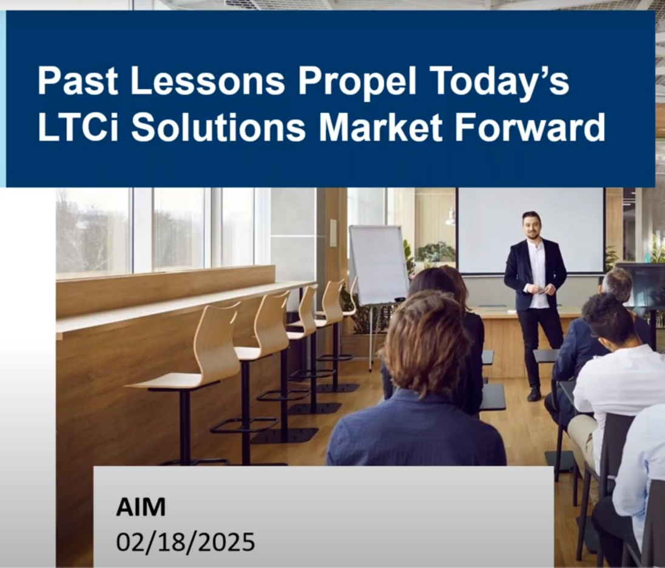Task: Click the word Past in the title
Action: coord(77,81)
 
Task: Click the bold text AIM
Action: coord(141,507)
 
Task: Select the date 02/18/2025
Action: coord(186,542)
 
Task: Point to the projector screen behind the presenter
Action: coord(530,231)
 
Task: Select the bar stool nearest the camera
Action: coord(191,382)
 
